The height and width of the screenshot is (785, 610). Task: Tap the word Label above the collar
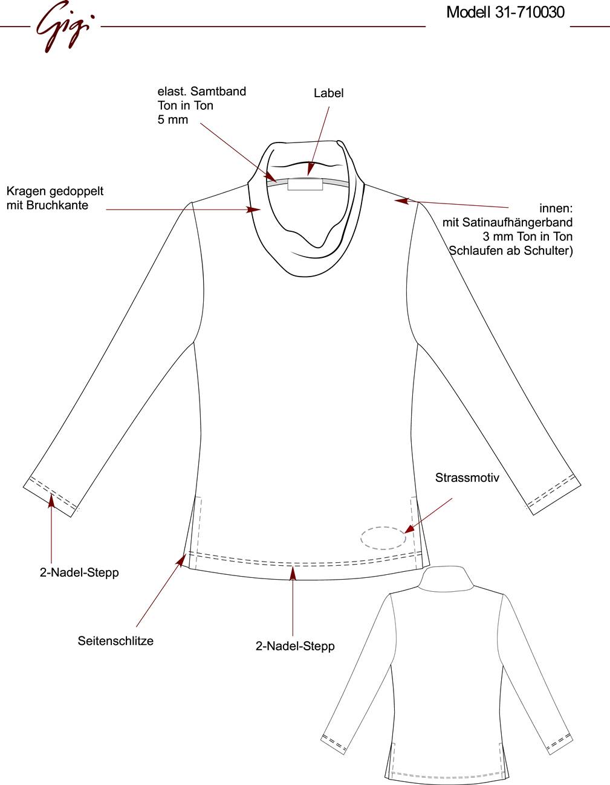[328, 93]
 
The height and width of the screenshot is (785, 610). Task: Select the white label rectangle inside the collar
[305, 184]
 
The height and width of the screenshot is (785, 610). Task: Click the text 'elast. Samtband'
[202, 91]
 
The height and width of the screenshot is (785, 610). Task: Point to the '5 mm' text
[172, 120]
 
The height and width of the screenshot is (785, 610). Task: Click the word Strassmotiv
[467, 478]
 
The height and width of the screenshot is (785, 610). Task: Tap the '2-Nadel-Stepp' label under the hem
[295, 646]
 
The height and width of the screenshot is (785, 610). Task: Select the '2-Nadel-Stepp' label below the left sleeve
[79, 572]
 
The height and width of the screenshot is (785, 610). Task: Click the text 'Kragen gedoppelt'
[55, 191]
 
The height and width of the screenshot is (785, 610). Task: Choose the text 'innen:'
[556, 208]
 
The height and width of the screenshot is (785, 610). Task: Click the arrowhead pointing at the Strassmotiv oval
[409, 529]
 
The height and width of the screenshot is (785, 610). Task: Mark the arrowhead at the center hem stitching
[293, 573]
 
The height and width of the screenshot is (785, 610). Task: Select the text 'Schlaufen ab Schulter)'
[511, 251]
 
